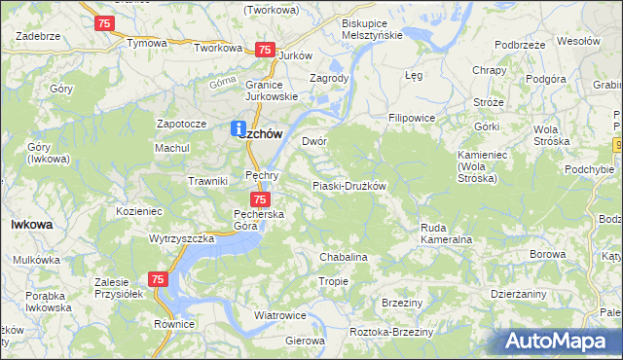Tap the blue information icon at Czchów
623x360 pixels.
[238, 127]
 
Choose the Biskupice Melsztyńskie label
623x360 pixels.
[373, 28]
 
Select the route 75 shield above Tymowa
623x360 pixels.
[105, 22]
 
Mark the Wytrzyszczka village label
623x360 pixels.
[181, 238]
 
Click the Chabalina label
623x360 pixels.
[344, 257]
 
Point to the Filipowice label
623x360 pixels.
[412, 118]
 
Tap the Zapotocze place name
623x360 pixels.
[181, 125]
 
